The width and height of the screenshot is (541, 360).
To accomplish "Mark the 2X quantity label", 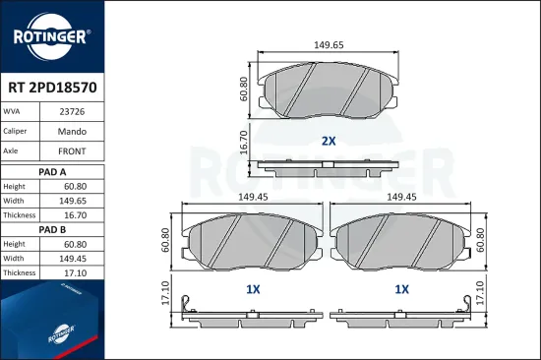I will pyautogui.click(x=329, y=141).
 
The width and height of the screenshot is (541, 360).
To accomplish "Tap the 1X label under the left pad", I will pyautogui.click(x=252, y=289).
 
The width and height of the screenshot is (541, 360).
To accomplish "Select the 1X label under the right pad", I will pyautogui.click(x=401, y=289).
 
